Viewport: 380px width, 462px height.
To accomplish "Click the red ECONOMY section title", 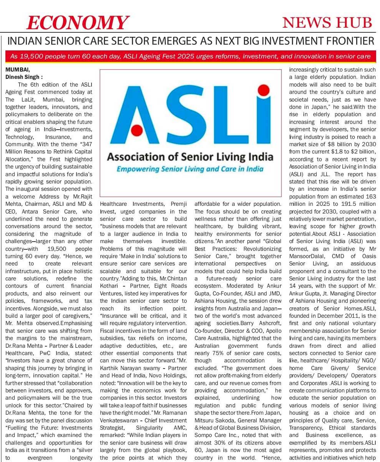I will pos(77,23).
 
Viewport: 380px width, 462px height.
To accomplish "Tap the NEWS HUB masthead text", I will pos(327,23).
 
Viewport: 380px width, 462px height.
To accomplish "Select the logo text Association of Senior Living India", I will pos(190,157).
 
